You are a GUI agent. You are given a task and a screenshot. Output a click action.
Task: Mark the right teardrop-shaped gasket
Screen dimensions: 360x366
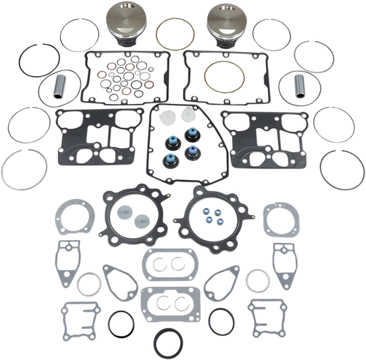click(222, 277)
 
